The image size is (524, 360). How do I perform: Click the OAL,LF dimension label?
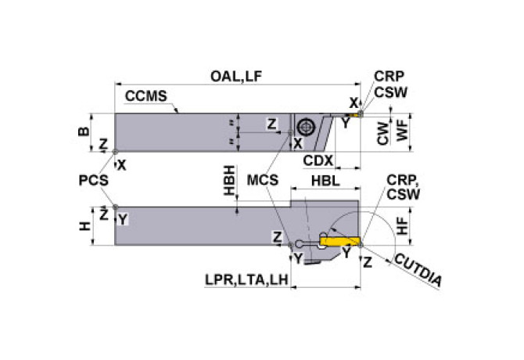pyautogui.click(x=236, y=77)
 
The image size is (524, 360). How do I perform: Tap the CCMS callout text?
pyautogui.click(x=145, y=96)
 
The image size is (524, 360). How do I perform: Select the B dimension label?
pyautogui.click(x=84, y=131)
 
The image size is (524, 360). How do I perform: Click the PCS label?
pyautogui.click(x=94, y=181)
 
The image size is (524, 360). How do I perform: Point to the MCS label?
pyautogui.click(x=263, y=181)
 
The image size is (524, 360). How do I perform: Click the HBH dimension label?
pyautogui.click(x=229, y=180)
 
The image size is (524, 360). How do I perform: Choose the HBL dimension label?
pyautogui.click(x=325, y=181)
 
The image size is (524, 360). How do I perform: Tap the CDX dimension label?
pyautogui.click(x=318, y=160)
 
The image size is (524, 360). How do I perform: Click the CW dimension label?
pyautogui.click(x=383, y=134)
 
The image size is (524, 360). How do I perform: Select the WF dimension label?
pyautogui.click(x=402, y=131)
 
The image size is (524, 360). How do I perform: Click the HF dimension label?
pyautogui.click(x=402, y=225)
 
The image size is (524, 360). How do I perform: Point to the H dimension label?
pyautogui.click(x=85, y=226)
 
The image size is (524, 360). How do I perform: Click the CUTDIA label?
pyautogui.click(x=418, y=270)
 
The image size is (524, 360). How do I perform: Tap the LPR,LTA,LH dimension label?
pyautogui.click(x=246, y=280)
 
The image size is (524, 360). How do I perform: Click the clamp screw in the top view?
pyautogui.click(x=305, y=127)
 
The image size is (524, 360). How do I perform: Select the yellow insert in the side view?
pyautogui.click(x=340, y=241)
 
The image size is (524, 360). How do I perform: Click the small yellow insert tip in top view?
pyautogui.click(x=358, y=114)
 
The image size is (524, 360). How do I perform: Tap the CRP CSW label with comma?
pyautogui.click(x=404, y=187)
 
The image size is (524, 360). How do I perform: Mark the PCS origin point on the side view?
pyautogui.click(x=115, y=207)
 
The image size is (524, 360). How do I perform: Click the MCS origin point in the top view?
pyautogui.click(x=290, y=133)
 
